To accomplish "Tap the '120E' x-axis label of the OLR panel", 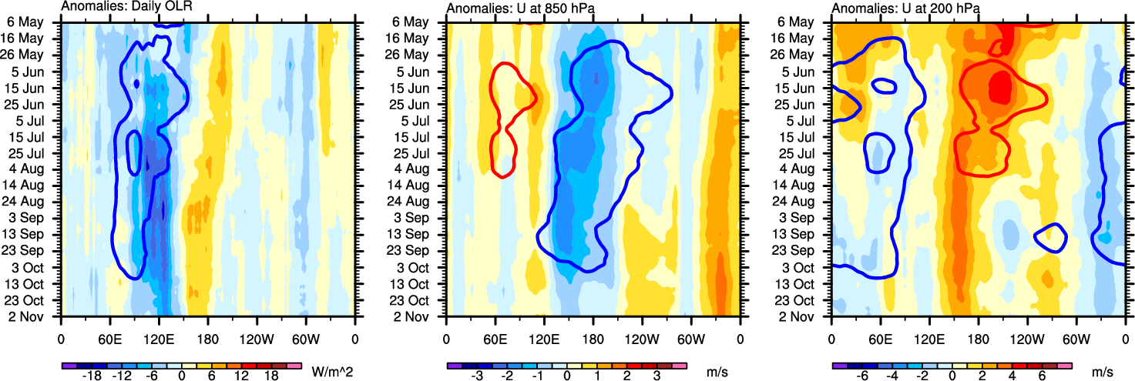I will point(158,337).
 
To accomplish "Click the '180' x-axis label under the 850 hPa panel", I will point(593,337).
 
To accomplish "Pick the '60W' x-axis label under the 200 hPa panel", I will point(1075,337).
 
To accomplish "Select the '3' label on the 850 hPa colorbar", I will point(657,376).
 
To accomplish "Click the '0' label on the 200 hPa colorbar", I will point(952,376).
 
